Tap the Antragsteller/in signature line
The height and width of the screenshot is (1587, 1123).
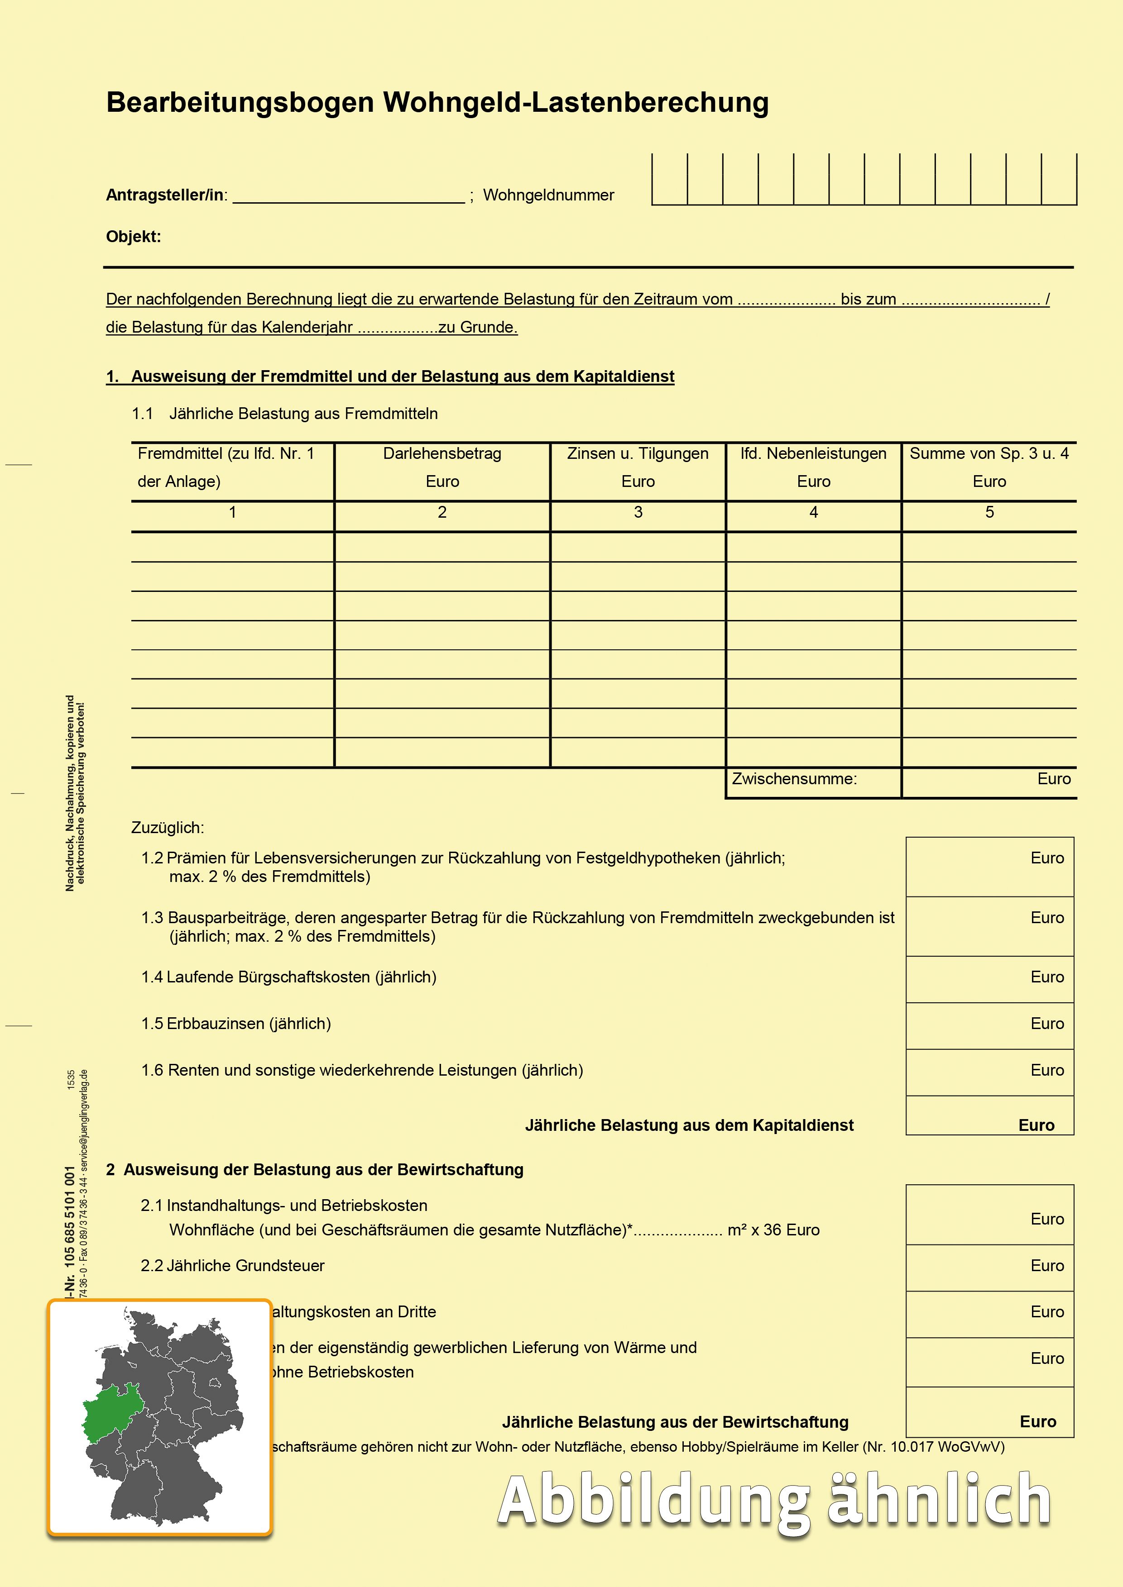[349, 196]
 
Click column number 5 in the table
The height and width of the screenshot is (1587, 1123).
[989, 513]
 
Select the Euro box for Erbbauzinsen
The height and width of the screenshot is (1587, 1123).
[989, 1025]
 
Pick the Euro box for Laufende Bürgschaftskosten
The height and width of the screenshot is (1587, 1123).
[989, 979]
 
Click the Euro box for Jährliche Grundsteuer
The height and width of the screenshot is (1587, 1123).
[989, 1267]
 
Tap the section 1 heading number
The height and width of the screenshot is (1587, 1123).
[112, 376]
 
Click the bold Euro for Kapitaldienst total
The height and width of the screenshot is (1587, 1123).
[1036, 1125]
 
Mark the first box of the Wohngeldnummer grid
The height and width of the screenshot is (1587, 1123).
[669, 180]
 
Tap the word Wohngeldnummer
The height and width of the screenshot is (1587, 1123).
[548, 195]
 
